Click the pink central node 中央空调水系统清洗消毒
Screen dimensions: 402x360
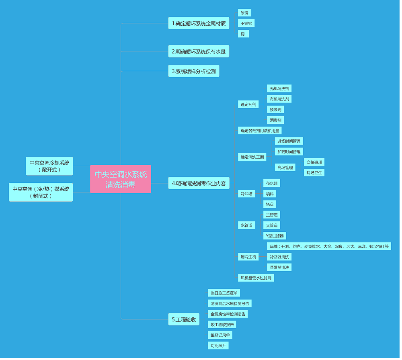click(x=121, y=179)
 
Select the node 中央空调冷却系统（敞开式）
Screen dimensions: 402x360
click(x=49, y=166)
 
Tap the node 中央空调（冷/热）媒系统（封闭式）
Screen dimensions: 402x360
click(x=41, y=192)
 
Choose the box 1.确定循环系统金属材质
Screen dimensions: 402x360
click(x=199, y=23)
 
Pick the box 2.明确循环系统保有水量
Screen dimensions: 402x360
click(x=199, y=51)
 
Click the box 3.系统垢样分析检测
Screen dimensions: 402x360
click(x=194, y=71)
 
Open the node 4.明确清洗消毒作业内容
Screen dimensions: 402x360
click(x=199, y=183)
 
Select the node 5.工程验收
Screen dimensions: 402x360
click(x=184, y=319)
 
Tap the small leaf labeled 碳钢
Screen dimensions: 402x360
click(x=244, y=13)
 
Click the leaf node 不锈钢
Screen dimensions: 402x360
click(x=246, y=23)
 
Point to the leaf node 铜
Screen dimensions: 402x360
click(x=243, y=34)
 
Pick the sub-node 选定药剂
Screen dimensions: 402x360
click(x=248, y=104)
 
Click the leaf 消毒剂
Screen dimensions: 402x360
click(x=276, y=120)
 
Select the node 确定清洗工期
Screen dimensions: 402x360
click(x=252, y=157)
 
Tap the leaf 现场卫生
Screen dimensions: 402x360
click(x=314, y=172)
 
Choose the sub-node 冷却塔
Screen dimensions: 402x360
click(x=246, y=194)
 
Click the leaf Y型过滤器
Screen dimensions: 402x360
click(x=275, y=236)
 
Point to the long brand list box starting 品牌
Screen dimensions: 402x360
click(x=329, y=246)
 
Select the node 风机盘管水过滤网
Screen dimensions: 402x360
click(x=256, y=278)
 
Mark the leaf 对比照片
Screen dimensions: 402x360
click(x=218, y=346)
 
